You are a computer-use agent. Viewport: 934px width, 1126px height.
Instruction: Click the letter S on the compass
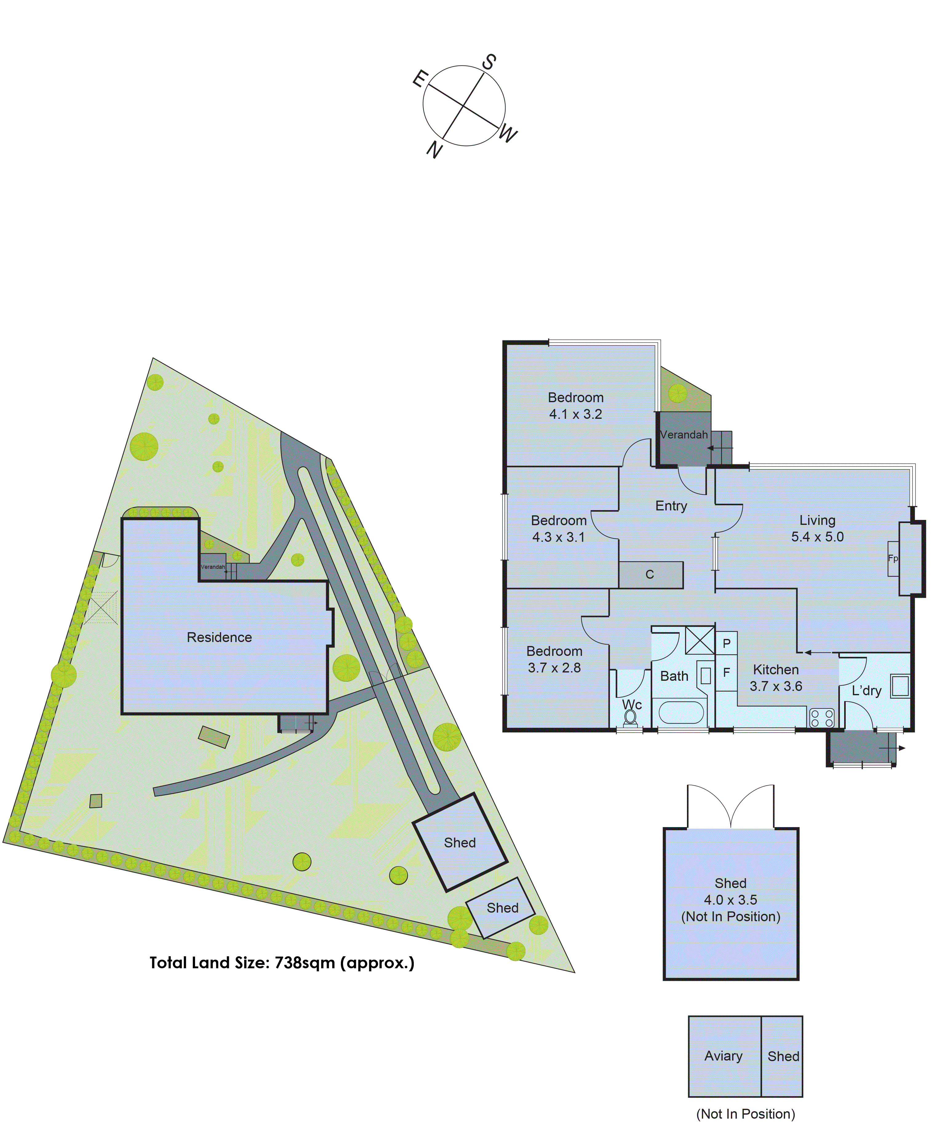[x=488, y=62]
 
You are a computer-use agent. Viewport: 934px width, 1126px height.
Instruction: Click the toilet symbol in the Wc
[x=630, y=717]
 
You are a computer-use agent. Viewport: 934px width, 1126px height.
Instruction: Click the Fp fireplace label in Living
[x=893, y=558]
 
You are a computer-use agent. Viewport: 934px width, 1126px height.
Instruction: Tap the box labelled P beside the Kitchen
[x=726, y=644]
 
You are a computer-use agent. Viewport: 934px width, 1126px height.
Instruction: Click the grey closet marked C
[x=650, y=575]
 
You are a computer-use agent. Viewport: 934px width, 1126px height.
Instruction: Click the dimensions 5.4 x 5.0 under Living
[x=817, y=537]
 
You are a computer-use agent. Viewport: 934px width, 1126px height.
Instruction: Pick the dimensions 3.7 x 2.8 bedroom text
[x=554, y=668]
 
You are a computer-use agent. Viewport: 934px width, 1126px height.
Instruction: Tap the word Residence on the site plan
[x=219, y=637]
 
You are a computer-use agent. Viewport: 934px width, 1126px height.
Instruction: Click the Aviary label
[x=723, y=1056]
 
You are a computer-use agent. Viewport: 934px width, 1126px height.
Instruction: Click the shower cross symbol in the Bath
[x=700, y=640]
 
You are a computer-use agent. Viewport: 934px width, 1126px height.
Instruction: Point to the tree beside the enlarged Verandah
[x=677, y=394]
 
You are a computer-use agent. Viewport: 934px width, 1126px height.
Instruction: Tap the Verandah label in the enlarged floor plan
[x=684, y=435]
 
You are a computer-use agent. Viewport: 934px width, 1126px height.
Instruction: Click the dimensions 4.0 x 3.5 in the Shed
[x=730, y=900]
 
